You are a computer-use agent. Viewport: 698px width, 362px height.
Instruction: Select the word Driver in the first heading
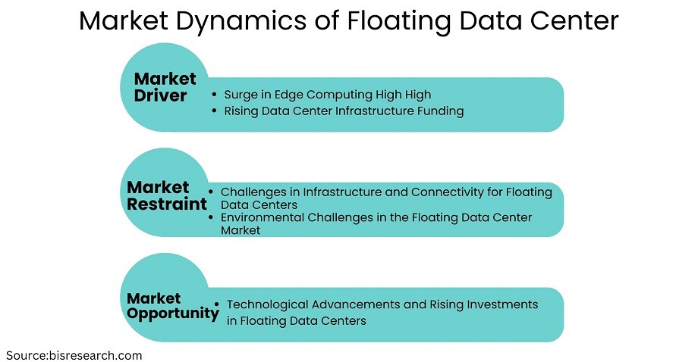click(x=160, y=95)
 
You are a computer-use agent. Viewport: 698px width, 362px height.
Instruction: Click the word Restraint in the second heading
click(x=167, y=204)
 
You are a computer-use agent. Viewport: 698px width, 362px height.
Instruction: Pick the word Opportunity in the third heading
click(x=173, y=314)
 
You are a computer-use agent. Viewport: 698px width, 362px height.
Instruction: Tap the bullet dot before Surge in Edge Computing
click(x=215, y=95)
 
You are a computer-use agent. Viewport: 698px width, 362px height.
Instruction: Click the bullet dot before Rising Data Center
click(x=215, y=111)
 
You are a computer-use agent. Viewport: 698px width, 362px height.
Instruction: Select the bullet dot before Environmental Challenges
click(x=211, y=217)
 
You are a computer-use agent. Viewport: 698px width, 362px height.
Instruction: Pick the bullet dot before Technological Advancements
click(x=217, y=304)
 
